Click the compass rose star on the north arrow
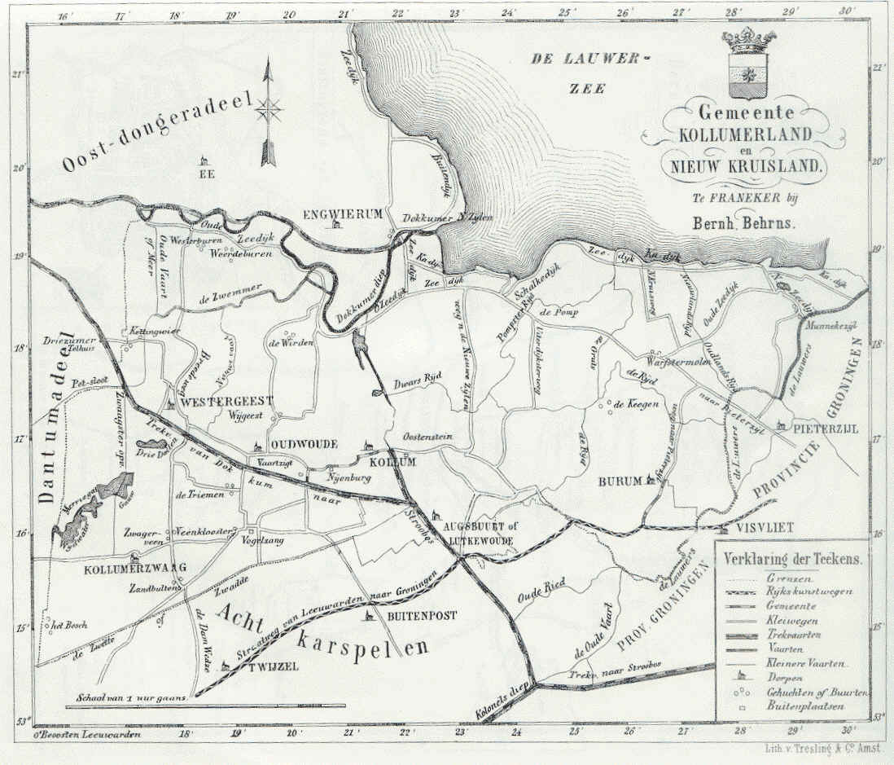tap(269, 108)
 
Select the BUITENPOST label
tap(421, 616)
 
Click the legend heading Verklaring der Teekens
tap(793, 561)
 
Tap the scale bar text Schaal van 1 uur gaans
tap(133, 697)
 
